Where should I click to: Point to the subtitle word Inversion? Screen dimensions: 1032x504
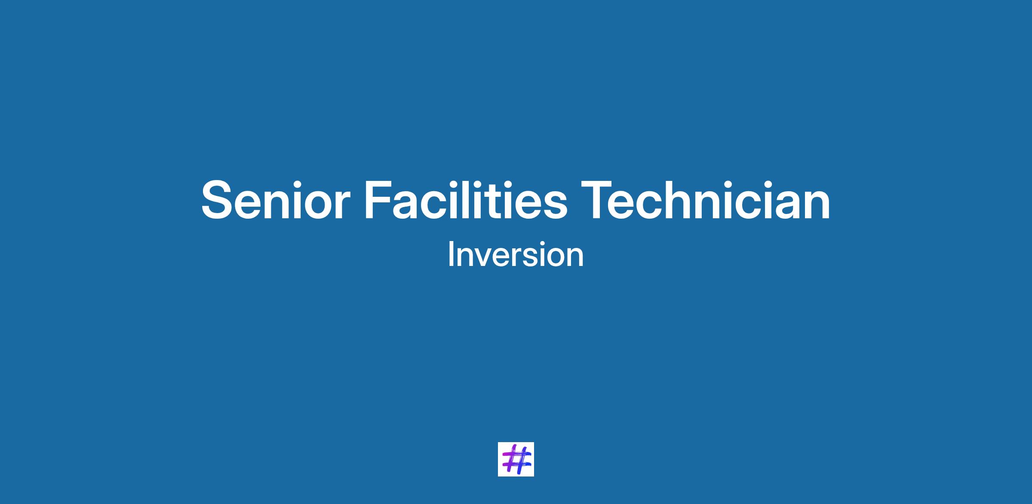pos(516,255)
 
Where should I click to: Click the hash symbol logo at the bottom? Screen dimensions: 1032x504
pos(516,459)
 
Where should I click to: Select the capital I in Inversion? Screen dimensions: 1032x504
pos(451,255)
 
